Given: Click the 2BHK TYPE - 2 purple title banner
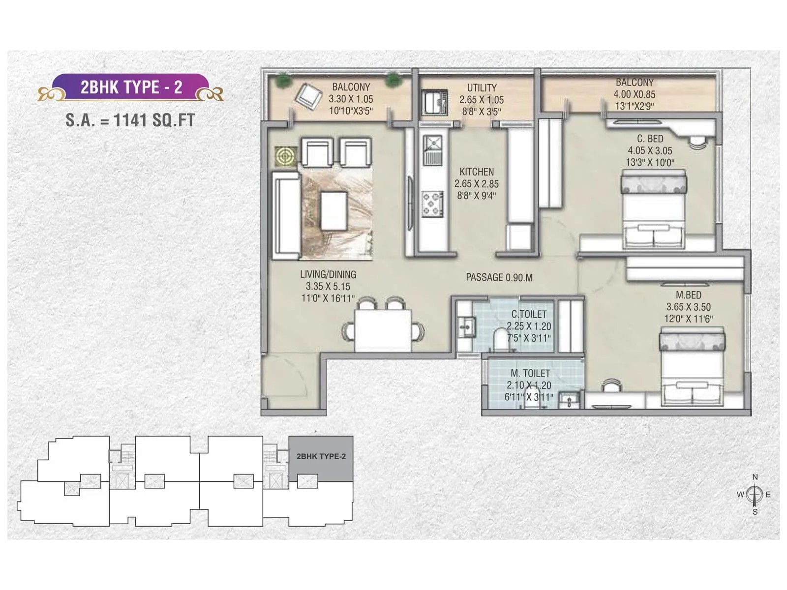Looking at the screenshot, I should [x=131, y=88].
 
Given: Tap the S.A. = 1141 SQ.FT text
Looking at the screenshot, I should [x=130, y=120].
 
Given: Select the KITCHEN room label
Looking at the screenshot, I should [x=477, y=172].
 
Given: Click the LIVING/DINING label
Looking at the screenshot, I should [x=328, y=275].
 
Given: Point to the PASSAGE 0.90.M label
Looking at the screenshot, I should [x=499, y=278].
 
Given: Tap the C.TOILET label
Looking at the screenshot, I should [x=529, y=314].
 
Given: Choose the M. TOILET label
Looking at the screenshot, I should [x=530, y=374].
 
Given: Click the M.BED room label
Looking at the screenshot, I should [x=689, y=295].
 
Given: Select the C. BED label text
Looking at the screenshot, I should [x=650, y=139].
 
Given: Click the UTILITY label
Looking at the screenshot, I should [x=482, y=88].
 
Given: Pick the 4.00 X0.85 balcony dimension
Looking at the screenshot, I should [x=635, y=94].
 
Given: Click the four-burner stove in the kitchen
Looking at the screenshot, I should [x=433, y=204].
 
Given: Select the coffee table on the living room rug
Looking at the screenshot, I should [x=334, y=211].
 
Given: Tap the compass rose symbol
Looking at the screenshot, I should [x=755, y=494].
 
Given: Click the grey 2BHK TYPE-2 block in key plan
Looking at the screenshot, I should [x=321, y=458].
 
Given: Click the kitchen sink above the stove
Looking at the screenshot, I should [x=433, y=149].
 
